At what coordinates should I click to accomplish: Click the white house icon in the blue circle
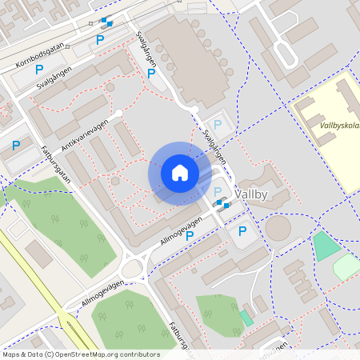click(x=180, y=173)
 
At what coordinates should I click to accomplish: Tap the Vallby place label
click(x=264, y=195)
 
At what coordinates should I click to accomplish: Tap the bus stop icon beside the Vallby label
click(x=223, y=205)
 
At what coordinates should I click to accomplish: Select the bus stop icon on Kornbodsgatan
click(x=106, y=22)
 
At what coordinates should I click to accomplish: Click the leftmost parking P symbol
click(x=15, y=146)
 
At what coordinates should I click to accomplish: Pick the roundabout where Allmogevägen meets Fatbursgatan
click(x=132, y=267)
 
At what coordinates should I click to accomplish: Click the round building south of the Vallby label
click(x=278, y=228)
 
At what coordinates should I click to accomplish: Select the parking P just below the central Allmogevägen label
click(x=190, y=235)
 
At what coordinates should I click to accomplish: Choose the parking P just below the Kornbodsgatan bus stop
click(x=100, y=39)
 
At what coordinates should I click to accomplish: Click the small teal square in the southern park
click(x=246, y=317)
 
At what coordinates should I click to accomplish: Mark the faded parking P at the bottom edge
click(x=239, y=329)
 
